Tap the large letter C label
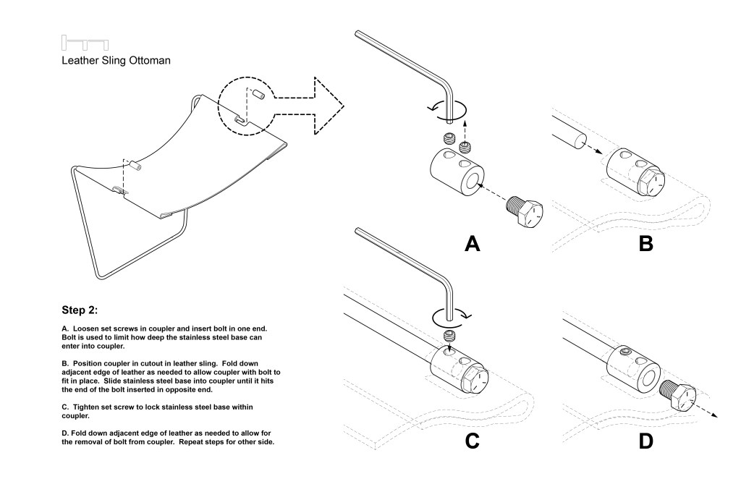click(x=472, y=441)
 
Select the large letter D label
click(x=645, y=441)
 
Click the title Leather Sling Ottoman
click(x=116, y=61)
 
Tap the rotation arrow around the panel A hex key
click(x=447, y=109)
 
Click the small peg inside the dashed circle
click(x=258, y=95)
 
